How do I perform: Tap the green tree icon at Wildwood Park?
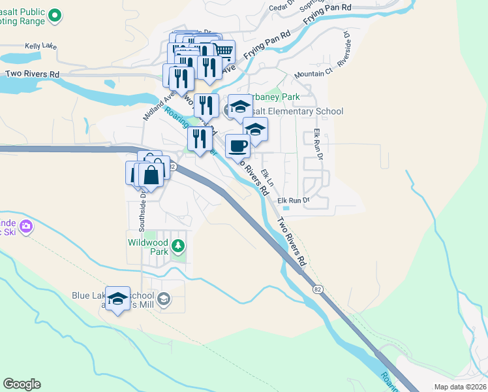(177, 246)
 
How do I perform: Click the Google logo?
(22, 384)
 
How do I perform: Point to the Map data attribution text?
(460, 387)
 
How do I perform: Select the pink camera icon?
(26, 227)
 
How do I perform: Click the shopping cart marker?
(223, 50)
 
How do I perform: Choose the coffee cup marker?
(237, 145)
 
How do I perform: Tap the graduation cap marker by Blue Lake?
(117, 298)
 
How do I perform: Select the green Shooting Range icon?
(55, 14)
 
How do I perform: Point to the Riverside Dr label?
(344, 50)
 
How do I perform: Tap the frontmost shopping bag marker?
(151, 174)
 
